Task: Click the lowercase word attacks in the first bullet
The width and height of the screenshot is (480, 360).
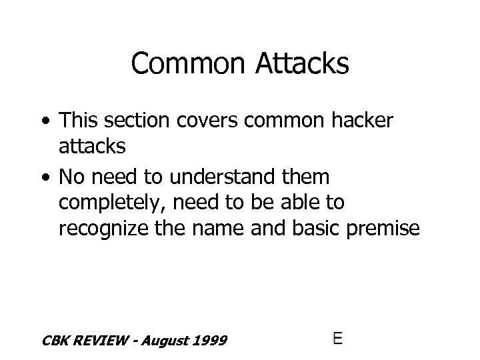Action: click(x=92, y=146)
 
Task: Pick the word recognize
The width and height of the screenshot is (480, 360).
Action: click(x=108, y=229)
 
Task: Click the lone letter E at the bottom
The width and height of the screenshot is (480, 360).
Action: click(x=337, y=338)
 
